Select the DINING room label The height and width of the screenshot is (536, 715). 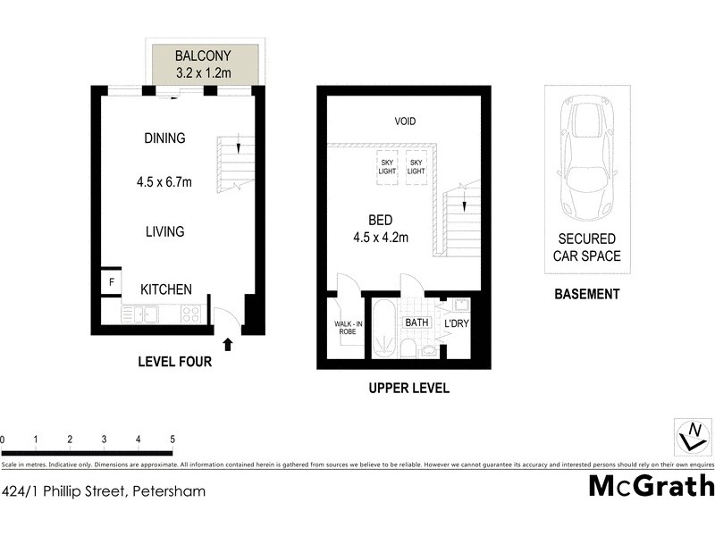point(164,138)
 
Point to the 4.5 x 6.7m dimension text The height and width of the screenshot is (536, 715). point(164,182)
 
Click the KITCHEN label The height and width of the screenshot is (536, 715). point(165,289)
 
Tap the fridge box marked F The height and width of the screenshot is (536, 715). point(111,283)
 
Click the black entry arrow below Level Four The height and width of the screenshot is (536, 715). point(227,343)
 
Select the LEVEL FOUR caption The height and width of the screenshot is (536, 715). point(174,362)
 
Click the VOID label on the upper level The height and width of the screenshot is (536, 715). point(405,121)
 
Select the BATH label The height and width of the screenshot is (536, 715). point(416,322)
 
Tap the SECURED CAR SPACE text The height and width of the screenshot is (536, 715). point(587,247)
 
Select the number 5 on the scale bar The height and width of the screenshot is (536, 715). point(172,440)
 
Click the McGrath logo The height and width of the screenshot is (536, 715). point(651,486)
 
